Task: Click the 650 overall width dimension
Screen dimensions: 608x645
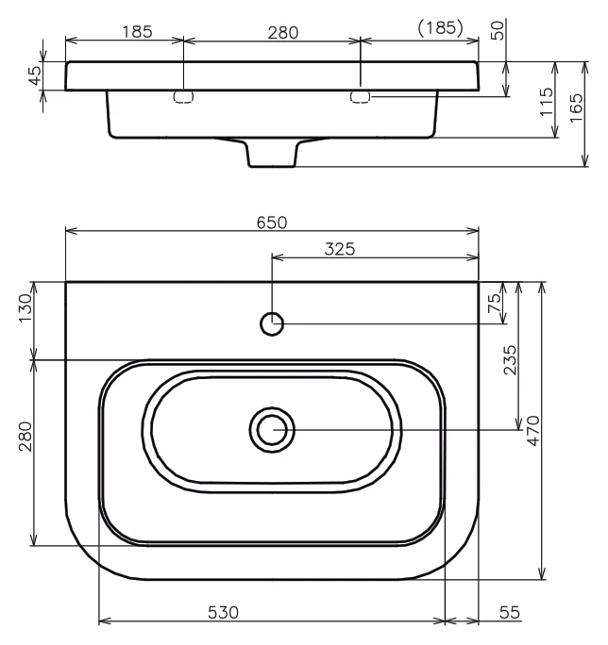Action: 272,223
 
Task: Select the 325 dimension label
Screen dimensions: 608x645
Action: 340,249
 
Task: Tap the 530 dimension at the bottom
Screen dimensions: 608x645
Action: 223,613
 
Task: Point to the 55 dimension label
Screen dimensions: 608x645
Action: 510,613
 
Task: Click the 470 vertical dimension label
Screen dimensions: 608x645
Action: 533,431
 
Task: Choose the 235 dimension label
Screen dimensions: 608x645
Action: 510,360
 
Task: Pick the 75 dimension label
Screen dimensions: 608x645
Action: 495,303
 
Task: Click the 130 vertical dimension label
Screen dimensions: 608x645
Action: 25,308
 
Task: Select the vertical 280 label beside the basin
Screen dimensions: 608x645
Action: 25,437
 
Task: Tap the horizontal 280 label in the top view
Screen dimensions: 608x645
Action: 283,33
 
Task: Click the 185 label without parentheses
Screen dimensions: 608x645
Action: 137,32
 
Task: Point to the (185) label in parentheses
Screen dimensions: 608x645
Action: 440,28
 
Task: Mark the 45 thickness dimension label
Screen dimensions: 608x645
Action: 35,75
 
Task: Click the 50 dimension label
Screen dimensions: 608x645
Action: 498,30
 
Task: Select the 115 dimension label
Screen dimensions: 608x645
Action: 547,102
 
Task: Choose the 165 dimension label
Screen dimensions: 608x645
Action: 576,107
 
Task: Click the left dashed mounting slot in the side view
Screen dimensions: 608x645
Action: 184,97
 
